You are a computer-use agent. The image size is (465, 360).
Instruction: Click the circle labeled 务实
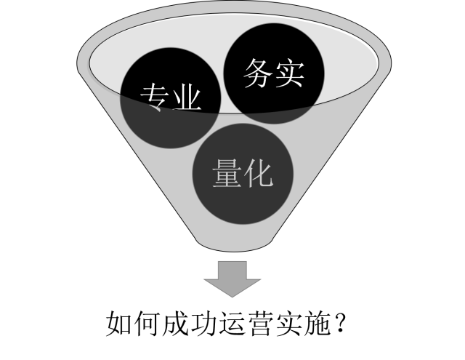pos(274,73)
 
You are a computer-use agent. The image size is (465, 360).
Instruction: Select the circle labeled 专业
pos(171,98)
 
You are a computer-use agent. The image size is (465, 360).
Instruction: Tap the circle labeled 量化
pos(243,174)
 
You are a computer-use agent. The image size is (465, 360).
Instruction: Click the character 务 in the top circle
pos(258,73)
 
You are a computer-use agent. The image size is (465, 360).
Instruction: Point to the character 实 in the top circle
pos(290,73)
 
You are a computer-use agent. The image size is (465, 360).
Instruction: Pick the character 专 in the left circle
pos(155,97)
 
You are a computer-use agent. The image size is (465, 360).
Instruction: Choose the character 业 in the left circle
pos(187,97)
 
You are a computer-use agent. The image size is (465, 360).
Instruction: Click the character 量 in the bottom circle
pos(227,173)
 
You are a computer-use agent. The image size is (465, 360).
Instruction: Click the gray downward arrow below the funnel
pos(232,279)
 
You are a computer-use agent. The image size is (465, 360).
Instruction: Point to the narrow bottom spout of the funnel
pos(234,244)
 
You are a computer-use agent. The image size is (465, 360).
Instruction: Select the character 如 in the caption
pos(119,324)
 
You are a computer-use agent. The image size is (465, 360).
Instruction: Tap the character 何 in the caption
pos(147,324)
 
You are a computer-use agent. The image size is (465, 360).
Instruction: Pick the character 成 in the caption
pos(176,324)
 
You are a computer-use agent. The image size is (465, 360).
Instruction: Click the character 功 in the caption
pos(204,324)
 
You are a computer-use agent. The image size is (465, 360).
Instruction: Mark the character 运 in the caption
pos(232,324)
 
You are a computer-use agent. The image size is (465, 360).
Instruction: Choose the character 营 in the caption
pos(261,324)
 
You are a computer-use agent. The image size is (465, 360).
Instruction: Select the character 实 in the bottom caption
pos(289,324)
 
